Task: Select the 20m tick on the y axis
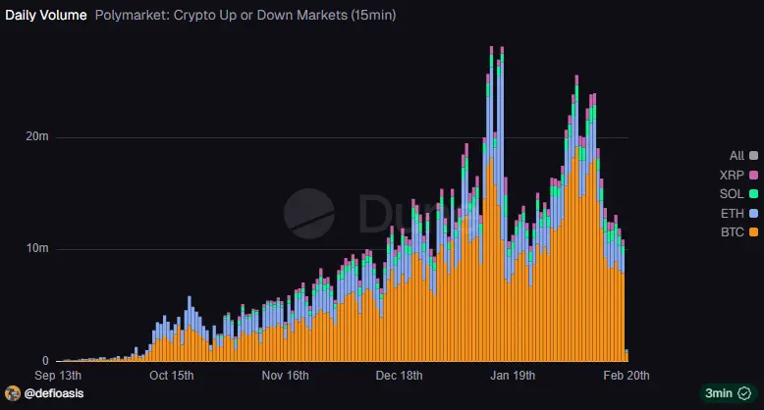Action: [37, 137]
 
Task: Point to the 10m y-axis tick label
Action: [37, 249]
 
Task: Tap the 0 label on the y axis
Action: [45, 361]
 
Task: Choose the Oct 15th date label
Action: [171, 376]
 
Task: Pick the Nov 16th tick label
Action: [285, 376]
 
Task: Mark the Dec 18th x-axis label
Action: [399, 376]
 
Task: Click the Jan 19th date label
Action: [513, 376]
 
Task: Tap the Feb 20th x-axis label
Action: [626, 376]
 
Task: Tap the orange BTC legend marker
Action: [753, 231]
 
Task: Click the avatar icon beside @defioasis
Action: [13, 392]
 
